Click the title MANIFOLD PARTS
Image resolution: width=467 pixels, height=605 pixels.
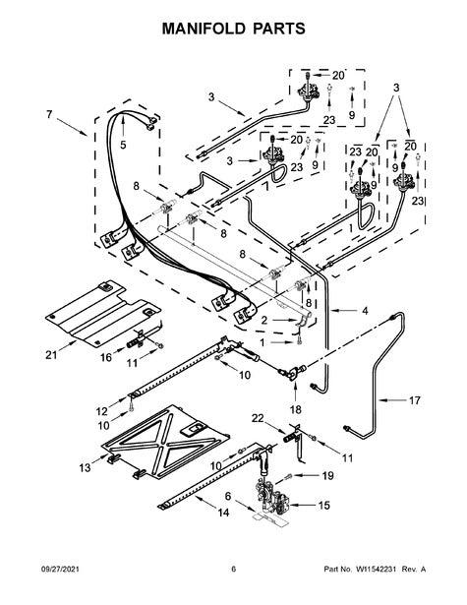tap(233, 29)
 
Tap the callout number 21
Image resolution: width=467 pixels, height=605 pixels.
tap(51, 354)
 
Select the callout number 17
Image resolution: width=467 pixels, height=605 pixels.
tap(415, 400)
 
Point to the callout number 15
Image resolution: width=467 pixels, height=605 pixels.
tap(323, 505)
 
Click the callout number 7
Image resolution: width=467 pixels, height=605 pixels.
tap(49, 114)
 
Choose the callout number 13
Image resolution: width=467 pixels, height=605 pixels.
tap(85, 468)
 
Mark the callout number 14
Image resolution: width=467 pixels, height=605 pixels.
tap(223, 513)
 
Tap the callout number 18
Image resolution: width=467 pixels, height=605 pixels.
tap(295, 409)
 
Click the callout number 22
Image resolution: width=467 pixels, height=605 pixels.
tap(258, 418)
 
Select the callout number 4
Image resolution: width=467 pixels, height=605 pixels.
tap(365, 310)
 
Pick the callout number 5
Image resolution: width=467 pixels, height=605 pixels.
tap(123, 145)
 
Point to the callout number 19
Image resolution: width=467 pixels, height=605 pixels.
tap(327, 476)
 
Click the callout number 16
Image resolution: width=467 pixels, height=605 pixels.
tap(106, 357)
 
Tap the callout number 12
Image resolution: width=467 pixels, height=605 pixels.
tap(102, 411)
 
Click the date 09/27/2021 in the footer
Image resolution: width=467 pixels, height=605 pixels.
tap(60, 570)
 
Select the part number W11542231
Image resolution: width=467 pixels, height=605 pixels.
tap(377, 570)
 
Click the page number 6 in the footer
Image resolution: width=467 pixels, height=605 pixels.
tap(233, 570)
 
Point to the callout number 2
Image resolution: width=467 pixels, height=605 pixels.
tap(264, 320)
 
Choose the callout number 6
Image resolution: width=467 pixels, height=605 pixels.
tap(228, 496)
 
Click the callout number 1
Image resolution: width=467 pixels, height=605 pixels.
tap(263, 342)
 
